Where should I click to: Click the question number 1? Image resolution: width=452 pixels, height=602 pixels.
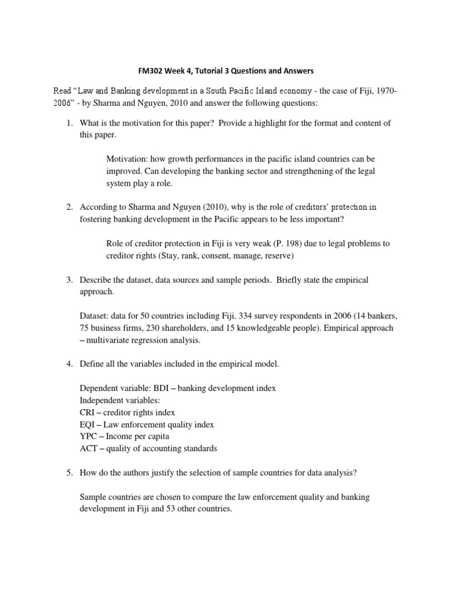(69, 123)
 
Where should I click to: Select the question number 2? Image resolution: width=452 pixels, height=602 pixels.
(69, 207)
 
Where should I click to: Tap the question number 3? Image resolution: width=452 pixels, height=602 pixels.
(69, 280)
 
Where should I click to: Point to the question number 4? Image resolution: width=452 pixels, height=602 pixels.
(69, 364)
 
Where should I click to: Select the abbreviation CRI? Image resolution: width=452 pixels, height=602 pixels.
(88, 412)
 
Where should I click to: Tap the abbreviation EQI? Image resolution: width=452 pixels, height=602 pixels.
(88, 424)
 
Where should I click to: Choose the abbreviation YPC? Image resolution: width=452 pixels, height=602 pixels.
(88, 436)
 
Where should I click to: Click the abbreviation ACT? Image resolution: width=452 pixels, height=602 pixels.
(88, 449)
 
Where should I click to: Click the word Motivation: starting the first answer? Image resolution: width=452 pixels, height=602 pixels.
(127, 159)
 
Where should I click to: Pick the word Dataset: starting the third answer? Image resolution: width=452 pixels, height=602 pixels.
(94, 316)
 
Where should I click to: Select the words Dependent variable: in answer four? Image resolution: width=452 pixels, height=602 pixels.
(114, 389)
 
